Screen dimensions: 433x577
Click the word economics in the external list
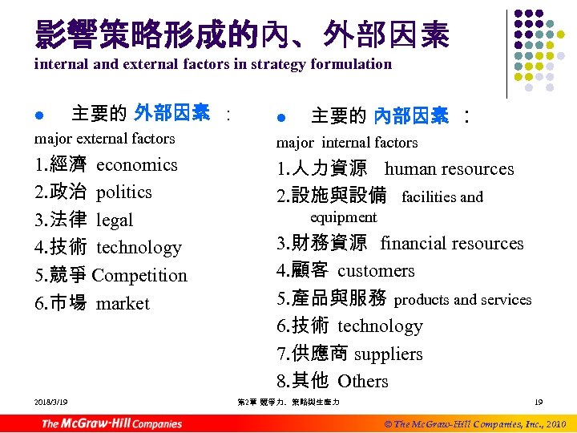tap(136, 165)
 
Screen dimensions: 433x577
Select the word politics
tap(123, 192)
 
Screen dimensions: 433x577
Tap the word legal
tap(114, 221)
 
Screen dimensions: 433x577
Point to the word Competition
tap(139, 276)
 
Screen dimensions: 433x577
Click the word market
tap(123, 304)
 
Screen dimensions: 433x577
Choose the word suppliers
tap(388, 354)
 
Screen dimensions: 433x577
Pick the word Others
tap(362, 382)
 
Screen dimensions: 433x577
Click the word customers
tap(376, 271)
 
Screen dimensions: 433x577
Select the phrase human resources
tap(449, 169)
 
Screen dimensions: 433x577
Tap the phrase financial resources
tap(451, 244)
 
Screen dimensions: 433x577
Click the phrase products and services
tap(462, 300)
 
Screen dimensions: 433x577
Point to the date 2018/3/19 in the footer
tap(50, 402)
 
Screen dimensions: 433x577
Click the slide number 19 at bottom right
tap(539, 402)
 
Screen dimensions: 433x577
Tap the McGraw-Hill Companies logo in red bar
tap(111, 423)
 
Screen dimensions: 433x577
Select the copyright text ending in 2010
tap(475, 423)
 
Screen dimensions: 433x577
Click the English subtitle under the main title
tap(213, 64)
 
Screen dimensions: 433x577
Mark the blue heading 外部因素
tap(172, 113)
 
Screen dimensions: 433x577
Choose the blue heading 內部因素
tap(411, 117)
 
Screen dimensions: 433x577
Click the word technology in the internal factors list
tap(379, 326)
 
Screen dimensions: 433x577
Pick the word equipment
tap(343, 217)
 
